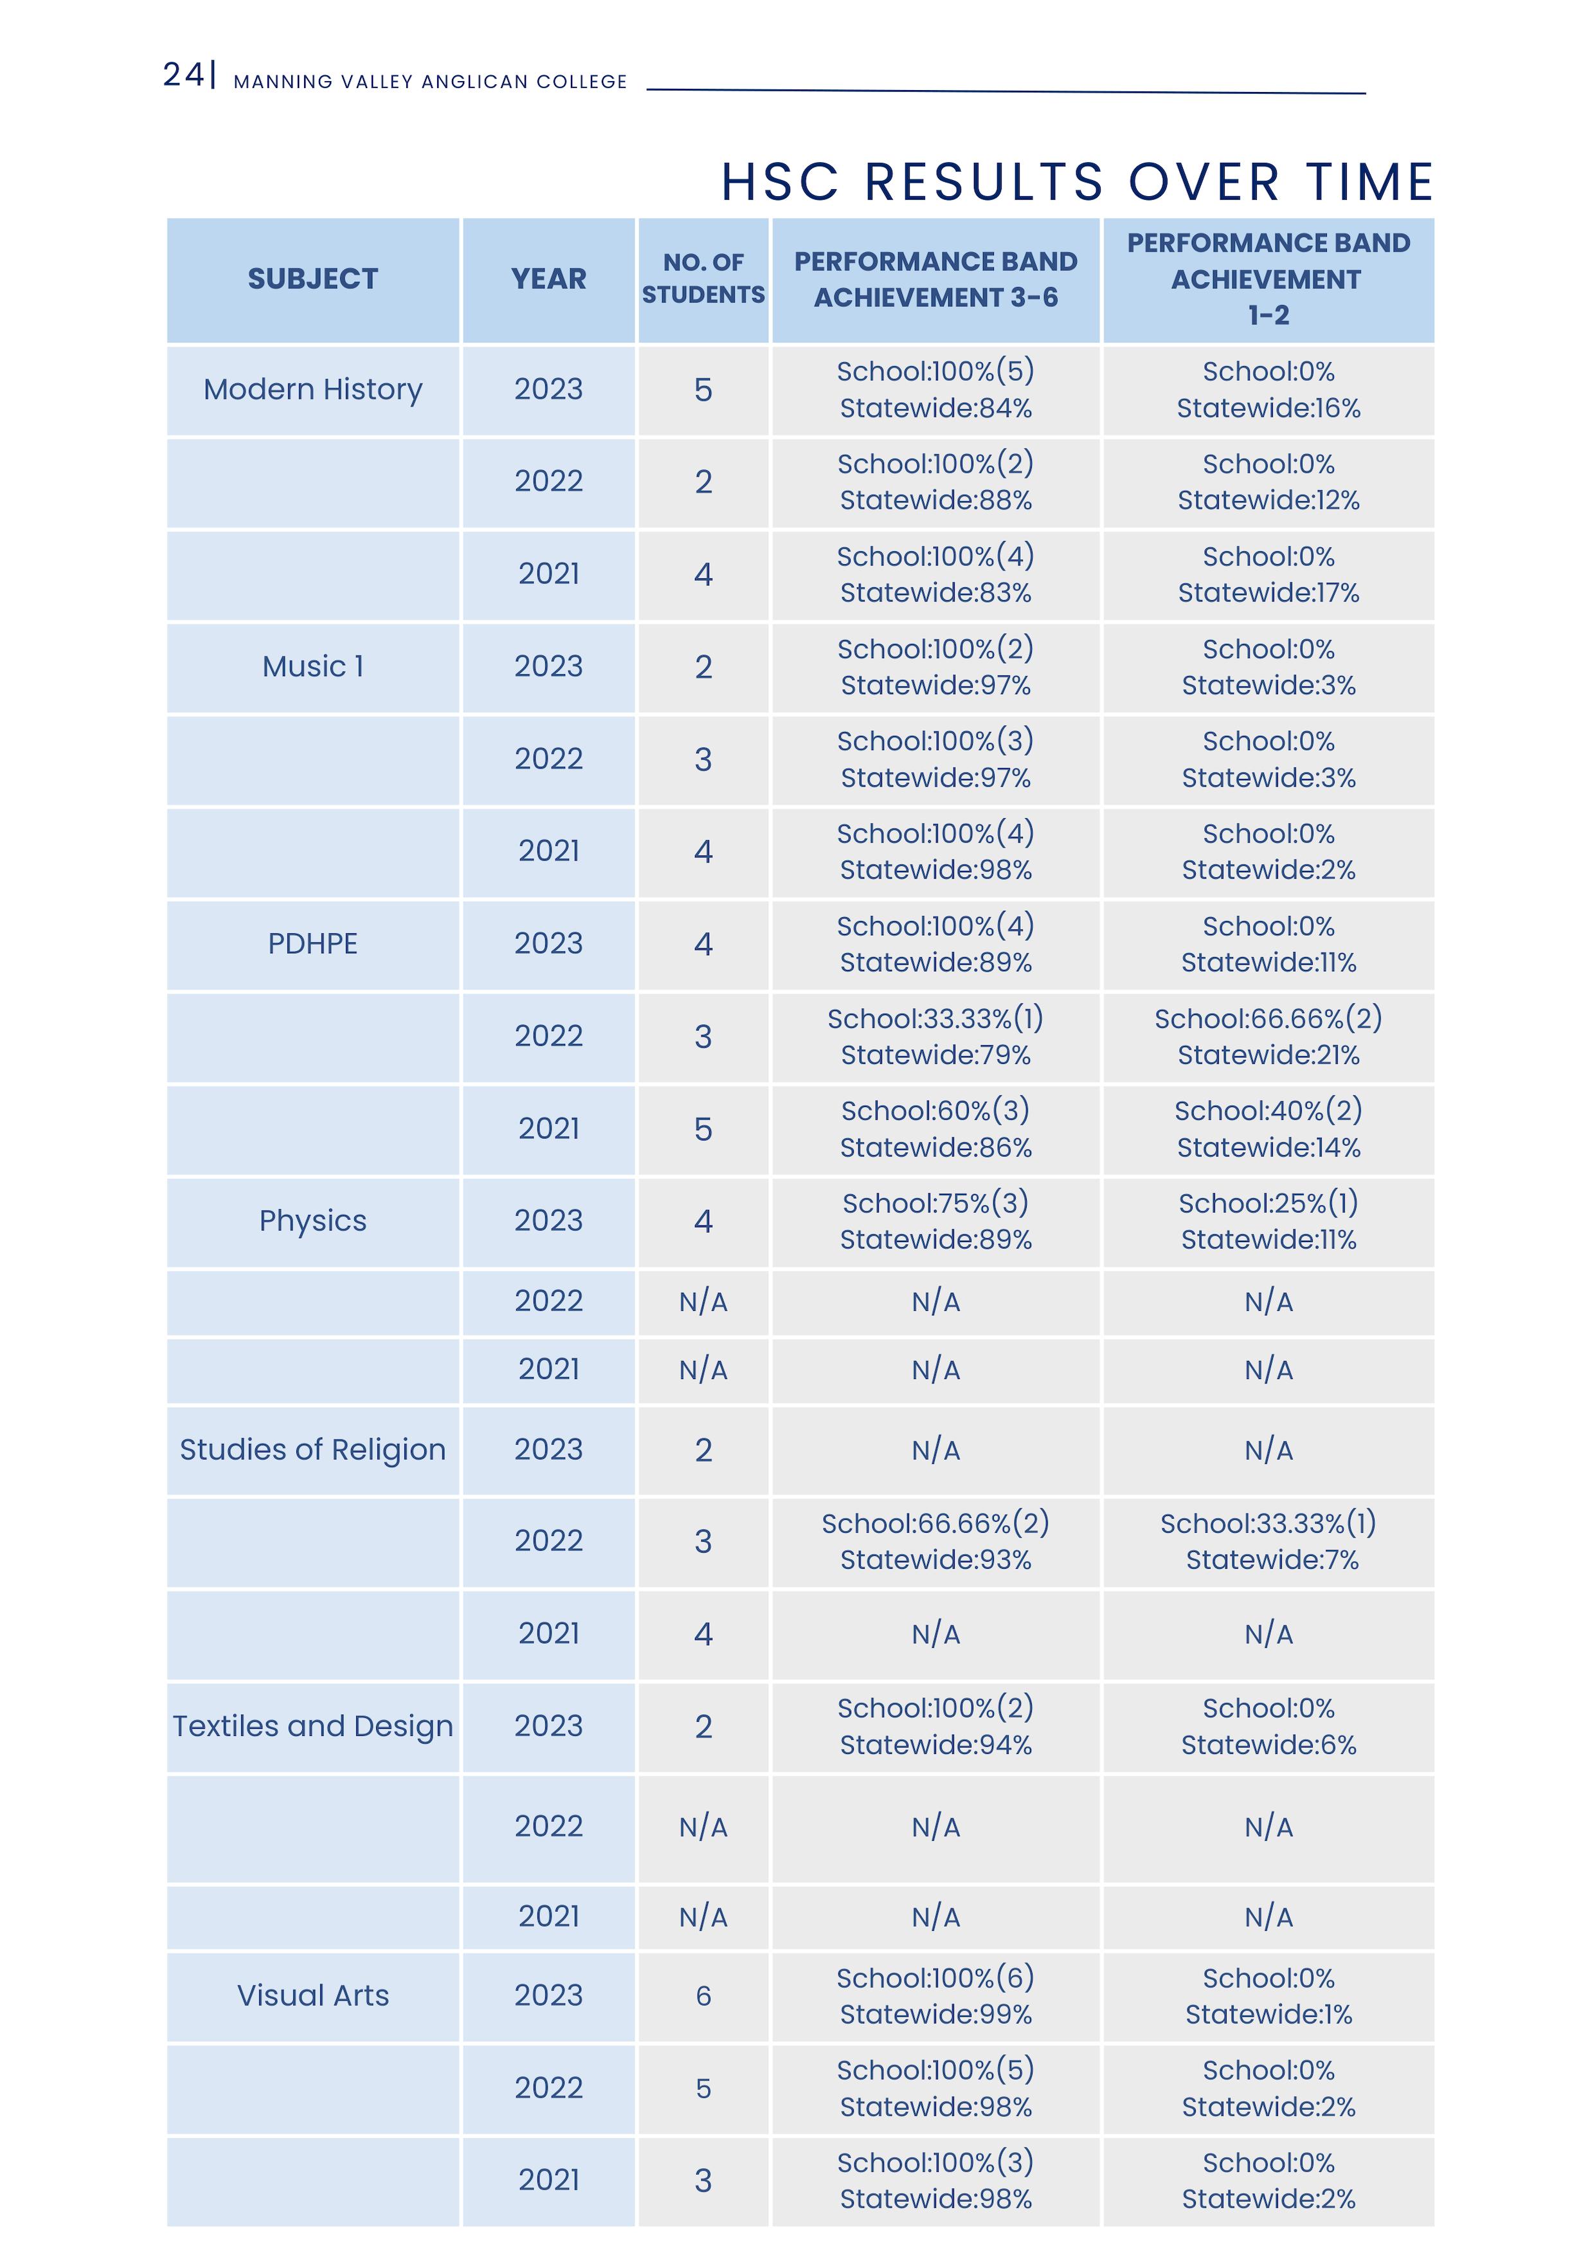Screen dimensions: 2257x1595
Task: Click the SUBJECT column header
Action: point(312,279)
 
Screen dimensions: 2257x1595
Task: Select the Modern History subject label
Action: point(312,389)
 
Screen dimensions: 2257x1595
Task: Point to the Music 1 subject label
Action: point(312,666)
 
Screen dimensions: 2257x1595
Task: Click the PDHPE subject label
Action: point(312,944)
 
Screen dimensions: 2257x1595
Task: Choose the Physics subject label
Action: point(312,1221)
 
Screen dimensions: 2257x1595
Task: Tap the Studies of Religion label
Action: point(312,1450)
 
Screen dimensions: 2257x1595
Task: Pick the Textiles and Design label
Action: point(312,1726)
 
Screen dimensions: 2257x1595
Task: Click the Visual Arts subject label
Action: point(312,1995)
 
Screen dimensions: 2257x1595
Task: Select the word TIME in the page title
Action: point(1369,183)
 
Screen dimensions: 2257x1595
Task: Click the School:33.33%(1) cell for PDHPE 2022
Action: point(935,1018)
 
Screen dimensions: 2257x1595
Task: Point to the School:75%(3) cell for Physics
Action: point(935,1203)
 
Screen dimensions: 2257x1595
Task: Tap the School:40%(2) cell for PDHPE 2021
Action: point(1268,1111)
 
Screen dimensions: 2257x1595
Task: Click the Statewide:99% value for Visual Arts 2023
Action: point(935,2015)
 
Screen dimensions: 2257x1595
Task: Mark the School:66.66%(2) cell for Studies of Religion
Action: point(935,1524)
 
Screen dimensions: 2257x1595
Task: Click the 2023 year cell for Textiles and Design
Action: point(548,1726)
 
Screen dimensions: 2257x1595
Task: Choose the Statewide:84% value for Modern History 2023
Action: point(935,408)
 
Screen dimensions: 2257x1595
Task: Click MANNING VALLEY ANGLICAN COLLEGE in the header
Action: point(429,82)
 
